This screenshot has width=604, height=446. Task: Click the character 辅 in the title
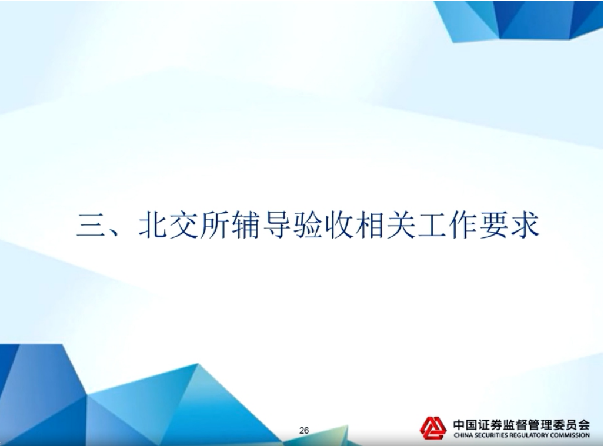(246, 224)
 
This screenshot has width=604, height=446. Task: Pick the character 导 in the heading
(278, 224)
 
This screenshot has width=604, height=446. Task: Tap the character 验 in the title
(309, 224)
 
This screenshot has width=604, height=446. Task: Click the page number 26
(304, 430)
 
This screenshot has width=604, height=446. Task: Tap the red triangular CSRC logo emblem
(433, 428)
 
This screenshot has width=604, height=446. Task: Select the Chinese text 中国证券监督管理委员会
(521, 424)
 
